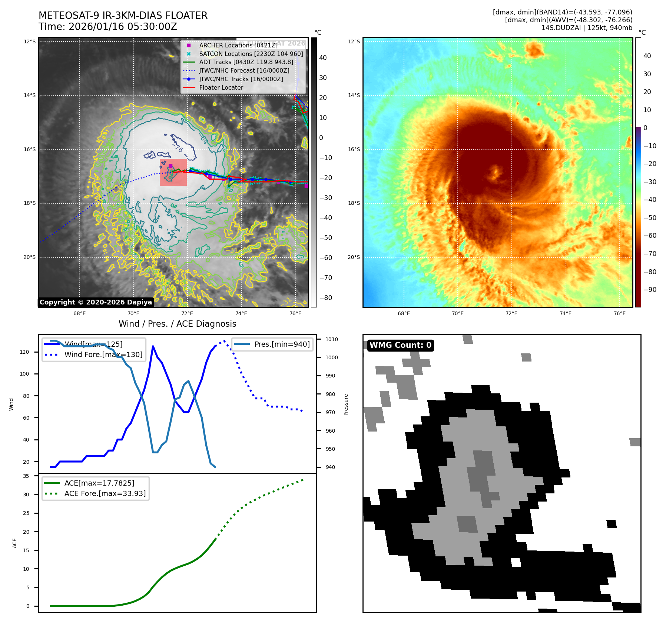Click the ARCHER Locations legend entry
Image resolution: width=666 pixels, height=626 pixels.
tap(238, 45)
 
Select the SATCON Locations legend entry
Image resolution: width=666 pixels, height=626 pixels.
tap(251, 54)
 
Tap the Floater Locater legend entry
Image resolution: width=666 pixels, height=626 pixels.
tap(221, 87)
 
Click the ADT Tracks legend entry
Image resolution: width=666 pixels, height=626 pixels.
tap(246, 62)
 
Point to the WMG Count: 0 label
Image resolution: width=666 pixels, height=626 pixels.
tap(400, 345)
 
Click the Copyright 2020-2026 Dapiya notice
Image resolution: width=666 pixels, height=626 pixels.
tap(96, 302)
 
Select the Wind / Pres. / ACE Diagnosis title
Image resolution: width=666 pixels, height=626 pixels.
tap(177, 324)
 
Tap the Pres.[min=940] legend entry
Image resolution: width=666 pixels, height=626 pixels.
tap(282, 344)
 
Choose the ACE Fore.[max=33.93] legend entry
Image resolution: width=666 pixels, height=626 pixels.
tap(105, 493)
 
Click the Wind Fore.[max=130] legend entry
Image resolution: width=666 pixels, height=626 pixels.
tap(103, 354)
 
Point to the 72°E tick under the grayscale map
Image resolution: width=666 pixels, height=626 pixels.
tap(187, 313)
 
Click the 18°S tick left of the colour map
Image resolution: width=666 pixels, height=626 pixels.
tap(354, 203)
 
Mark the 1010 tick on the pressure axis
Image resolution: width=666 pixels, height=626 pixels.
tap(332, 339)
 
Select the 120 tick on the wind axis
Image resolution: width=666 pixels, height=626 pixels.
tap(24, 352)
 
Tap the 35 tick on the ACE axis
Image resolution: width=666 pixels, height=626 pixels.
tap(26, 476)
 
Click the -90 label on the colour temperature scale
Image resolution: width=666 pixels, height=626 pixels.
tap(650, 290)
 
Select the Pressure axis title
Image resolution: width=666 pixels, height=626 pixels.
tap(346, 404)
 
